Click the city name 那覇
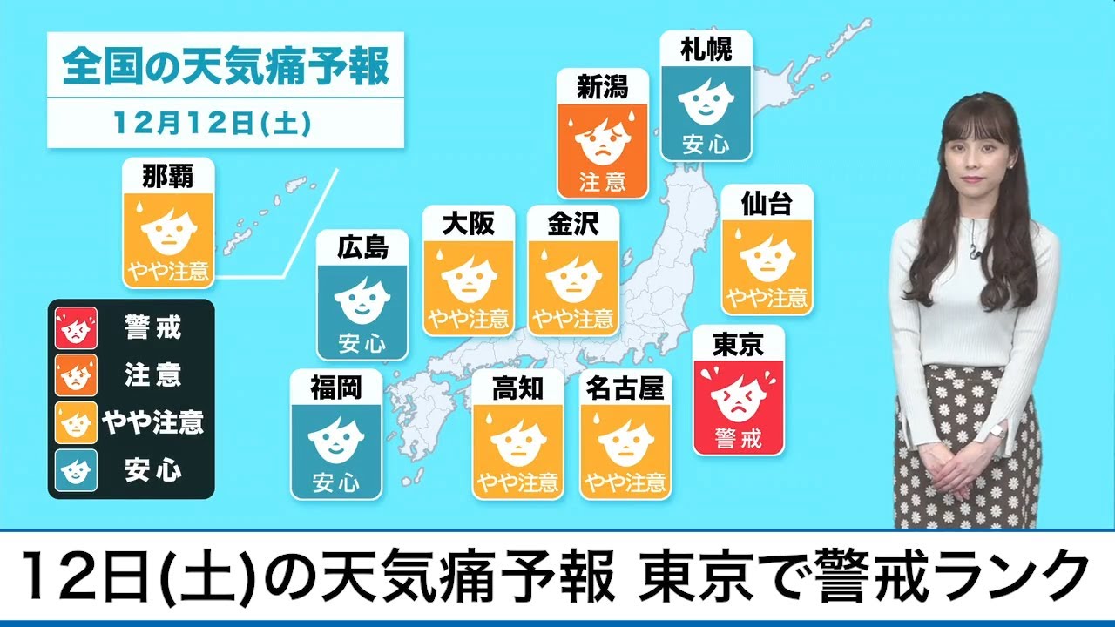pyautogui.click(x=168, y=177)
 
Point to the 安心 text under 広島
pyautogui.click(x=362, y=343)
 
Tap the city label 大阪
pyautogui.click(x=468, y=224)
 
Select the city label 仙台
pyautogui.click(x=767, y=204)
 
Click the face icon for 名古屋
pyautogui.click(x=625, y=442)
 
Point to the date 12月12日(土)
pyautogui.click(x=212, y=124)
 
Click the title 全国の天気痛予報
pyautogui.click(x=226, y=68)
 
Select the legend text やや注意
pyautogui.click(x=153, y=423)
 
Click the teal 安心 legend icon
pyautogui.click(x=74, y=471)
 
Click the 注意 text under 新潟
pyautogui.click(x=603, y=182)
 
